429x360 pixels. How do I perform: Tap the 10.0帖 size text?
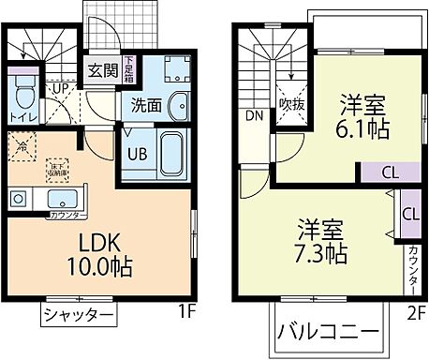point(98,265)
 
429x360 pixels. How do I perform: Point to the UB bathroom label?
point(136,154)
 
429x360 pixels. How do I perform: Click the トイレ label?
point(24,117)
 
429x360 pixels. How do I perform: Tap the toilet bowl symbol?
point(25,95)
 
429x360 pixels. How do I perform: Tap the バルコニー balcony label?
point(329,333)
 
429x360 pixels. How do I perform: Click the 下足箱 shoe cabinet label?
point(128,70)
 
